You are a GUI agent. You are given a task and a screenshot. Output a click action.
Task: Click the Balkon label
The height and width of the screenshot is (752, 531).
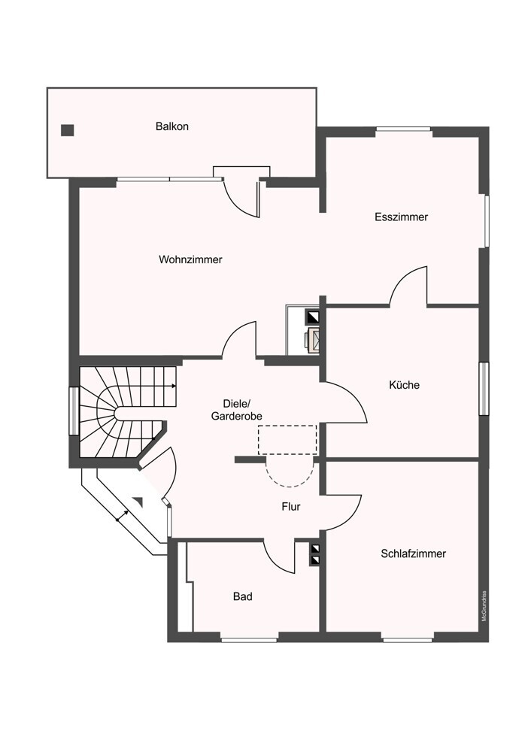171,126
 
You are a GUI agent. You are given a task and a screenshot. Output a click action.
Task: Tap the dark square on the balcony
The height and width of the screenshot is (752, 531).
67,130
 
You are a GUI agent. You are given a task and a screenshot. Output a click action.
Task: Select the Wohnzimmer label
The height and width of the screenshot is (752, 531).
190,259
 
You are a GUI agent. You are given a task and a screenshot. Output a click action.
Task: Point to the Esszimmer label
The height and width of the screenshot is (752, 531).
401,217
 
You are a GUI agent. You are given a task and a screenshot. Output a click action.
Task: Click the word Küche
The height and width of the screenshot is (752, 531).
404,384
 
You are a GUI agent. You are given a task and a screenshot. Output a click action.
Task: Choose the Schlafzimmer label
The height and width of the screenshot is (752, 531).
413,553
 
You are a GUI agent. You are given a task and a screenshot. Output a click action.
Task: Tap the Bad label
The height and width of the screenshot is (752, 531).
243,596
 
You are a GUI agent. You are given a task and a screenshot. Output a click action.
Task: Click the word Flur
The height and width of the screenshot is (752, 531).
290,506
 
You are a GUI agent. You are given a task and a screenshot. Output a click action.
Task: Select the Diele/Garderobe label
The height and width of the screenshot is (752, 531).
236,410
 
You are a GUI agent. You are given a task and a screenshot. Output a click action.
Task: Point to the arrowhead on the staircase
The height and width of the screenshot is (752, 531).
174,386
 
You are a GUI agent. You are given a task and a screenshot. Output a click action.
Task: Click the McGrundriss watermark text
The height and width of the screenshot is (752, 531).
484,605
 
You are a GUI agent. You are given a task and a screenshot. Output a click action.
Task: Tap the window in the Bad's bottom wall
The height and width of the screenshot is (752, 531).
249,639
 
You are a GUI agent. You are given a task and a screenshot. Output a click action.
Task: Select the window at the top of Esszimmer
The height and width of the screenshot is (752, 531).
403,129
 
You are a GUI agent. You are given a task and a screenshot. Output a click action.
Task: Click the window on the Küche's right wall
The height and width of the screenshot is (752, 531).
484,387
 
